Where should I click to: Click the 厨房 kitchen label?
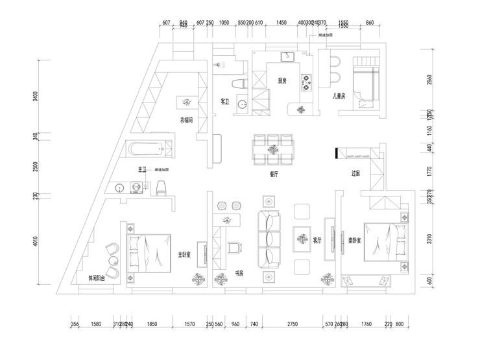coord(282,81)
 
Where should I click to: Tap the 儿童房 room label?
coord(339,96)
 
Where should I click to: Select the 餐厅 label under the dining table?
coord(274,174)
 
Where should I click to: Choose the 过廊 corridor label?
coord(355,173)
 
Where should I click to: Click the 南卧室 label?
coord(354,239)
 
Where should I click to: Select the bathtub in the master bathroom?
coord(152,150)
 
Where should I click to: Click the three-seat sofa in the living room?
coord(270,239)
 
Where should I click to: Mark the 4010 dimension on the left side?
coord(36,241)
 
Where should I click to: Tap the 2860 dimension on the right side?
coord(429,80)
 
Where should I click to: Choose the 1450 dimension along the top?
coord(282,22)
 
